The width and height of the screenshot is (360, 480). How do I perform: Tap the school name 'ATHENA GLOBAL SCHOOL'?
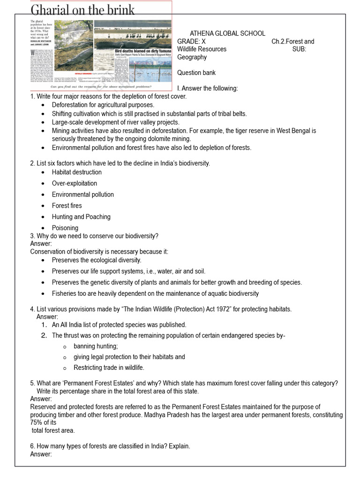coord(227,33)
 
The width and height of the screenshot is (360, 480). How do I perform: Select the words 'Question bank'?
coord(196,73)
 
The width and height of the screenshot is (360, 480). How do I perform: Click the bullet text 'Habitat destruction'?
coord(76,172)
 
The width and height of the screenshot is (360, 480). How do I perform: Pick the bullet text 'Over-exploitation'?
coord(75,183)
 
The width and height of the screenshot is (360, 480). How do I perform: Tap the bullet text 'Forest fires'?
coord(67,205)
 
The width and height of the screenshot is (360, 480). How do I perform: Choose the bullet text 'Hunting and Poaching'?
coord(81,217)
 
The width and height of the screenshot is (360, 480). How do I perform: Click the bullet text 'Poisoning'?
coord(65,228)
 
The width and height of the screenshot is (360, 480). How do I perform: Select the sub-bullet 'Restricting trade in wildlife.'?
coord(109,367)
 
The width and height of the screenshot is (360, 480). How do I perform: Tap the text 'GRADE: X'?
coord(191,41)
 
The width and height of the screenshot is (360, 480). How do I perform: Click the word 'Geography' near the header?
coord(192,57)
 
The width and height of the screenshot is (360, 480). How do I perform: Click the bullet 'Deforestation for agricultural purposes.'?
coord(103,105)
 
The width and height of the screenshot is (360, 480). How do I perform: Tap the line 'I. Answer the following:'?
coord(207,89)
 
